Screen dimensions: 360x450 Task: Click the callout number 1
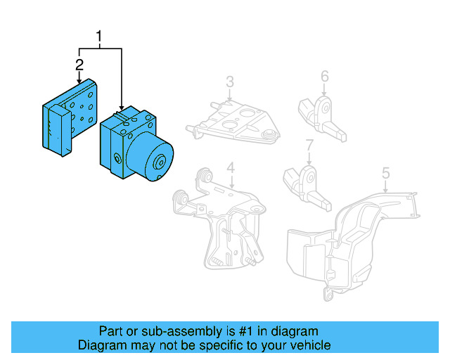click(x=101, y=36)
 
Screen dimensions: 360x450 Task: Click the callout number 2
click(x=79, y=65)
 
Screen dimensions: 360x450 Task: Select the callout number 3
click(x=230, y=83)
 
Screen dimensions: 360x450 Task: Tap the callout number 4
click(x=230, y=167)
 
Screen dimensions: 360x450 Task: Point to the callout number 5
click(x=385, y=172)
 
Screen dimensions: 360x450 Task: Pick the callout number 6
click(x=324, y=76)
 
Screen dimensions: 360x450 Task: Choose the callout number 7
click(x=309, y=146)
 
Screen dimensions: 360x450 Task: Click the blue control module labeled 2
click(x=69, y=116)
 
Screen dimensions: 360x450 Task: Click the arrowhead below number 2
click(x=79, y=82)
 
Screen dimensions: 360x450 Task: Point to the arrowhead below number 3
click(x=230, y=100)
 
